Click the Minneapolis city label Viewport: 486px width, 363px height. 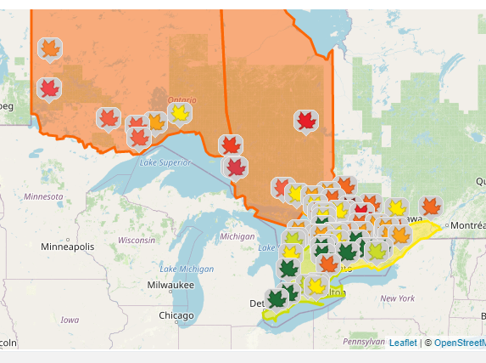click(x=69, y=247)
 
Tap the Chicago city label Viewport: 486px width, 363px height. click(x=176, y=315)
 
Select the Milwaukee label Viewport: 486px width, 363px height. click(x=170, y=285)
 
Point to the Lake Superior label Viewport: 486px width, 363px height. click(x=165, y=162)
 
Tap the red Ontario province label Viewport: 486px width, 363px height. click(x=182, y=99)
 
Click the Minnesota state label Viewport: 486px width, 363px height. click(x=43, y=196)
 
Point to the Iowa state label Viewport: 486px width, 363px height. click(x=70, y=320)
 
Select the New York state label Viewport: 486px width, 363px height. click(x=397, y=298)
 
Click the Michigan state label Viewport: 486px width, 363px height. click(x=237, y=235)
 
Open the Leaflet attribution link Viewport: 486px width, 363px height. click(x=403, y=343)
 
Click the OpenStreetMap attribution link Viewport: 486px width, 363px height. click(x=459, y=343)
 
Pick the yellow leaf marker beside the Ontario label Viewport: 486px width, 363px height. click(x=179, y=112)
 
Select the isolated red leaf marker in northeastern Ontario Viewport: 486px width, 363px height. click(x=306, y=121)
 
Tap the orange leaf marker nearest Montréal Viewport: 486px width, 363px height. click(x=431, y=206)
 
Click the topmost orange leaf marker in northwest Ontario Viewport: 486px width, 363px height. click(x=50, y=48)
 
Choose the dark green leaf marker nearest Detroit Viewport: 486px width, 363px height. click(x=276, y=298)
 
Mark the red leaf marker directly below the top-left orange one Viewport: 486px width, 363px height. click(x=49, y=88)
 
